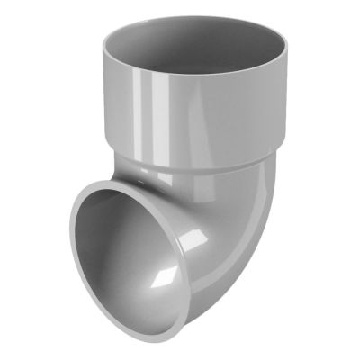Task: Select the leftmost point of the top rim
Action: (101, 47)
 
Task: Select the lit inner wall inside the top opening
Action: (225, 45)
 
